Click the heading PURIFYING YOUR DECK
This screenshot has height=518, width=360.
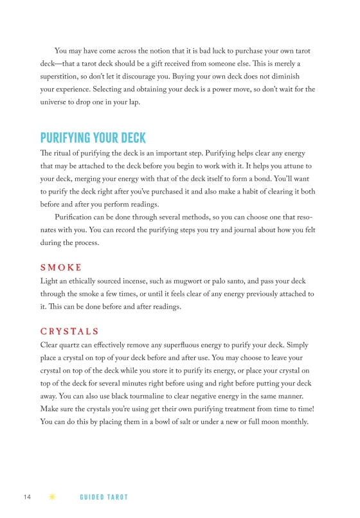tap(93, 138)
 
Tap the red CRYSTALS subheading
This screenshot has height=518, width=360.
tap(69, 332)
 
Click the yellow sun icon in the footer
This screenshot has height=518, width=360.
tap(51, 497)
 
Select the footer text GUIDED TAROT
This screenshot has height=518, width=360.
tap(104, 497)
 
